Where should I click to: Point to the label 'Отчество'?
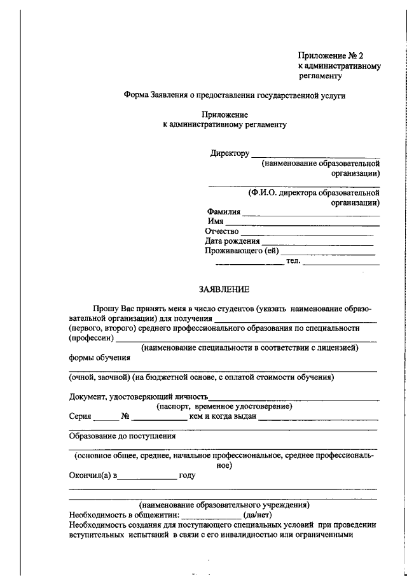[222, 231]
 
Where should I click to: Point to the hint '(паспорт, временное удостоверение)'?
[224, 406]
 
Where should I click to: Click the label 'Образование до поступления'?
[122, 437]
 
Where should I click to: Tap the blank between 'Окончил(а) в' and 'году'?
[148, 476]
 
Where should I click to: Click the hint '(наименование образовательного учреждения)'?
[225, 505]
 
